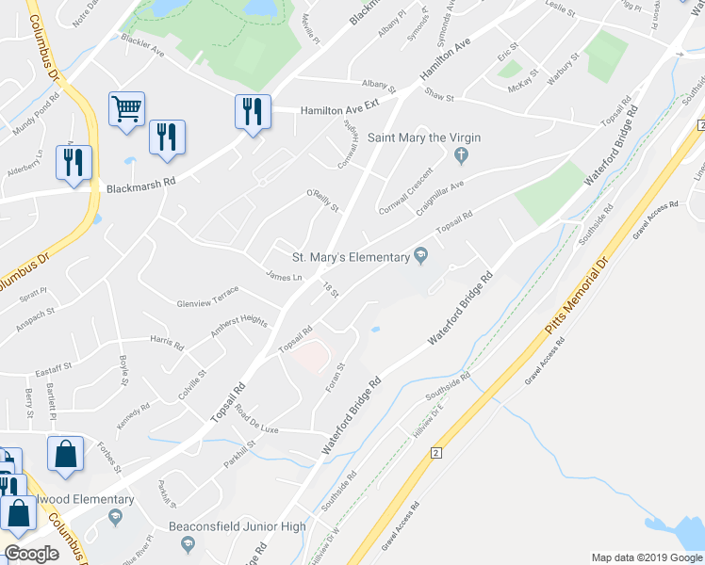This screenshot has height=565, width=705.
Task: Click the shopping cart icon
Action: click(126, 108)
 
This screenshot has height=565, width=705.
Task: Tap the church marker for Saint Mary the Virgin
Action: click(461, 154)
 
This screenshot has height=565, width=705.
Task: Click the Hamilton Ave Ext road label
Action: click(339, 110)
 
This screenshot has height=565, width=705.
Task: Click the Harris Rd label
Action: click(166, 341)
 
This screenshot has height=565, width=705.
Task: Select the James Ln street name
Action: click(284, 276)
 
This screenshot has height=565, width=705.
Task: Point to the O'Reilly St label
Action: click(321, 201)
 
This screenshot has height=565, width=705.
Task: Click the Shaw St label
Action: click(439, 95)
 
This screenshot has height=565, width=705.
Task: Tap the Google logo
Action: click(31, 554)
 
